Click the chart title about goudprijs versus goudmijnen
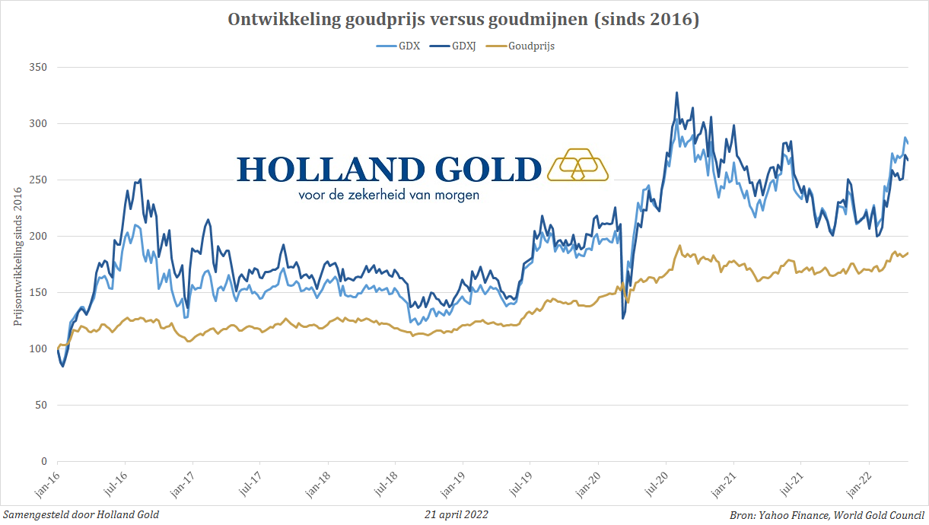(463, 20)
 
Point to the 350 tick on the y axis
(39, 67)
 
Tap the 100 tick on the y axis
(39, 348)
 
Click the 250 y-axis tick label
(39, 180)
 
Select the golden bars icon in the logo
(577, 165)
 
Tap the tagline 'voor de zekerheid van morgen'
(389, 195)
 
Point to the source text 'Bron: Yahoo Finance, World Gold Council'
(827, 515)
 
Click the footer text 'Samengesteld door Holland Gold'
(81, 515)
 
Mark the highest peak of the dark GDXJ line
(676, 93)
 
